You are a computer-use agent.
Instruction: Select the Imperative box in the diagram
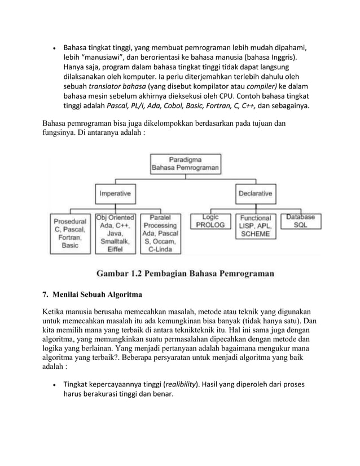click(x=116, y=194)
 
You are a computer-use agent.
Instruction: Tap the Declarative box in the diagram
click(x=255, y=194)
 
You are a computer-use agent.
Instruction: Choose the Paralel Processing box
click(x=160, y=235)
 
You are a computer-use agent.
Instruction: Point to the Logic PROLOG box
click(x=210, y=221)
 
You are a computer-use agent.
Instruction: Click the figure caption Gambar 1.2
click(x=186, y=274)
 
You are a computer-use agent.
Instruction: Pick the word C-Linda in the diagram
click(x=160, y=255)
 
